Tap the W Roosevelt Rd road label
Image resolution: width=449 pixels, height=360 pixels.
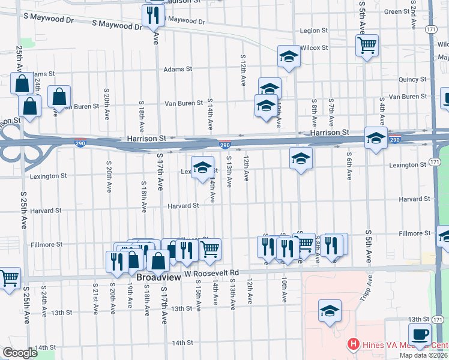click(x=211, y=272)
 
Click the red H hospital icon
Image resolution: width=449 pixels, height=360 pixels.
click(x=353, y=344)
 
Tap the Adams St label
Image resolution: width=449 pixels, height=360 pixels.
click(x=179, y=69)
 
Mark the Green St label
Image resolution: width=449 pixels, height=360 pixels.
click(x=397, y=12)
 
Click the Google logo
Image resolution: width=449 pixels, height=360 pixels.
click(x=20, y=353)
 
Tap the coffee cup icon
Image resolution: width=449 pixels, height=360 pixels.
click(x=419, y=334)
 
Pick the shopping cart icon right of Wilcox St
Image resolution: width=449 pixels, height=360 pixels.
click(x=367, y=44)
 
